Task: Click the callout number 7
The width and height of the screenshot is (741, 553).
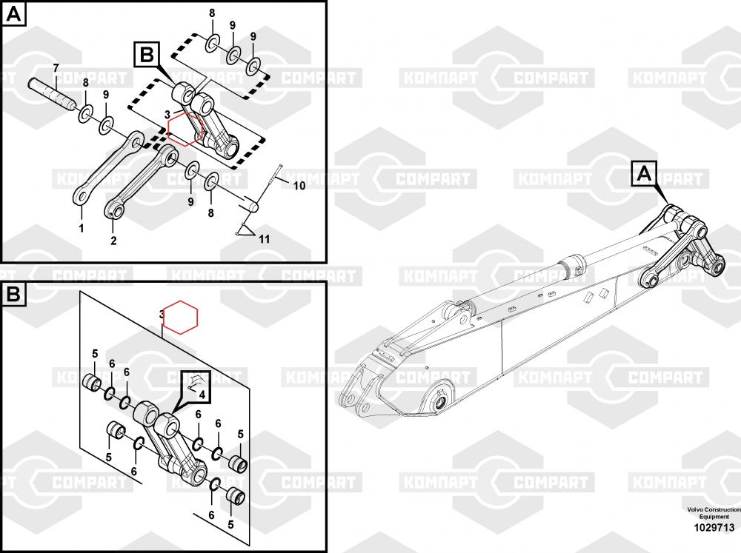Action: (x=56, y=68)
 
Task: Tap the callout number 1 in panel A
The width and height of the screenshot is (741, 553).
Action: (x=82, y=228)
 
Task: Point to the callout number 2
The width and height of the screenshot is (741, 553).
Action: (x=113, y=241)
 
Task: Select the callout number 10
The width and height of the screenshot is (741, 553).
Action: (x=299, y=186)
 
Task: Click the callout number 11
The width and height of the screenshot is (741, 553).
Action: (x=265, y=239)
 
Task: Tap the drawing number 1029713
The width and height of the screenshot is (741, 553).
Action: (x=714, y=527)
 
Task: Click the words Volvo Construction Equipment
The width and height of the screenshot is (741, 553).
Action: (x=714, y=513)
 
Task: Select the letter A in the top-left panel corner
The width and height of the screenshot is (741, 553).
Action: (x=14, y=15)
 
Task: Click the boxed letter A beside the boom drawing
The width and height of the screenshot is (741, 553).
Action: (x=644, y=174)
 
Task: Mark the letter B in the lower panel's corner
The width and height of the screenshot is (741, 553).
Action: (x=13, y=294)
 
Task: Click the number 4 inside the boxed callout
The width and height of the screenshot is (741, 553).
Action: (x=202, y=395)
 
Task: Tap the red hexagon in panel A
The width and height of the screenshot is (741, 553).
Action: (x=185, y=129)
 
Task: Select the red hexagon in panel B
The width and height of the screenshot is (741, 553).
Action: (x=180, y=317)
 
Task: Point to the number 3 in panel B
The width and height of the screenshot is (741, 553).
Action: (x=162, y=314)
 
